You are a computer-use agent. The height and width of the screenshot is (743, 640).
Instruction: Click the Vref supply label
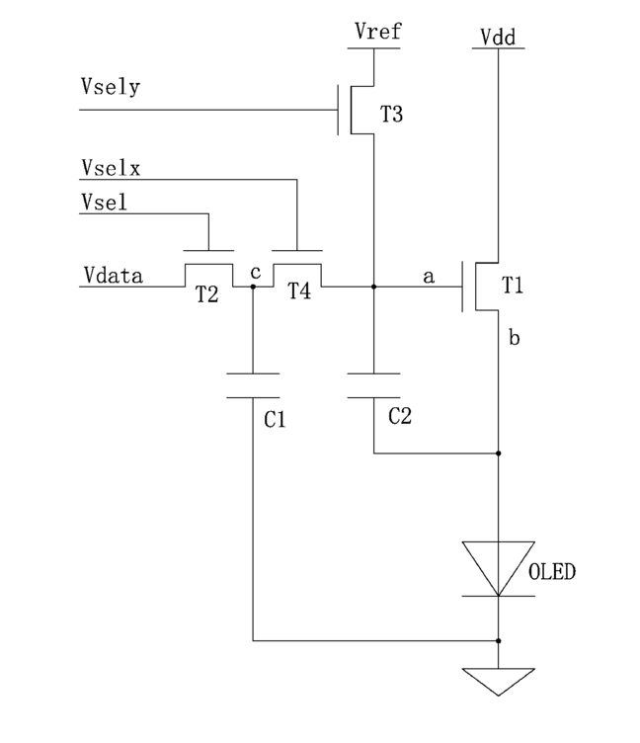click(377, 32)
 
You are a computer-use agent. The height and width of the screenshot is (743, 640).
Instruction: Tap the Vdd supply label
click(498, 37)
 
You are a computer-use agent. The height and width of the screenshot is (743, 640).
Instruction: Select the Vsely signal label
click(111, 87)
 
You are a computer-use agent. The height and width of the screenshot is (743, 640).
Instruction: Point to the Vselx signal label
click(111, 168)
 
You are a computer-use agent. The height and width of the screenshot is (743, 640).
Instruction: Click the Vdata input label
click(114, 276)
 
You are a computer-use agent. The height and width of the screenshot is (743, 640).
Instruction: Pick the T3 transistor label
click(392, 115)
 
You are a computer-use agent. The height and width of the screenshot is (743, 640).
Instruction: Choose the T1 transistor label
click(513, 286)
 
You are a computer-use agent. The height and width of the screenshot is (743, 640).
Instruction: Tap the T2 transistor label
click(207, 294)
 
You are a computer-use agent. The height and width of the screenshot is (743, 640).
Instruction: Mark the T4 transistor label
click(299, 290)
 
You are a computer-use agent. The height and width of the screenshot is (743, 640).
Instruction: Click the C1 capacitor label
click(275, 419)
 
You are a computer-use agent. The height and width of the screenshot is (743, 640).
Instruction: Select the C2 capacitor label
click(400, 416)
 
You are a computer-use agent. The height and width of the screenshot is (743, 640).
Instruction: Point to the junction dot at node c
click(253, 287)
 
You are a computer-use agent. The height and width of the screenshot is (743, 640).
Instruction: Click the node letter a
click(429, 277)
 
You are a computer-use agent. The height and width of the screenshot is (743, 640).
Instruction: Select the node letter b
click(514, 337)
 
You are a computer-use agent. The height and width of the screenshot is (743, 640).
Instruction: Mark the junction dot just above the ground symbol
click(499, 640)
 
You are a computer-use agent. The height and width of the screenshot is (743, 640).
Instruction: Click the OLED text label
click(552, 572)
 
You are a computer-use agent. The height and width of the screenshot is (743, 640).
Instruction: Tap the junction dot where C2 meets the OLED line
click(499, 454)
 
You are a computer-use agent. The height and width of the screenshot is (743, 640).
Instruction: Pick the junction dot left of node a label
click(373, 287)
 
